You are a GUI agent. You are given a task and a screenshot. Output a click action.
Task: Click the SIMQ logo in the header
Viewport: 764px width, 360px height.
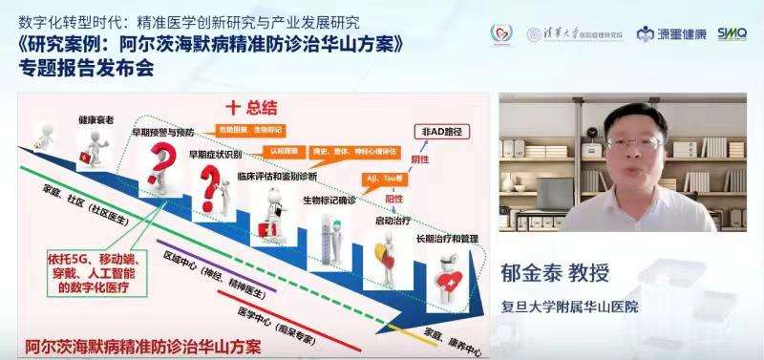click(732, 33)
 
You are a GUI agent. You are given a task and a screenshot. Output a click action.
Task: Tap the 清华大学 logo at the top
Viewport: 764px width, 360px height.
click(583, 34)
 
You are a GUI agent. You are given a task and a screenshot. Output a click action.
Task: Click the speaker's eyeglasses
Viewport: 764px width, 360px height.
click(632, 143)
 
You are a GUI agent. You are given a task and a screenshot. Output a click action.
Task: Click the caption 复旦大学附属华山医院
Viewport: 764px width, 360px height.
click(570, 307)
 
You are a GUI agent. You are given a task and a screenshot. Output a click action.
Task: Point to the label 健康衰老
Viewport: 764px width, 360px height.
click(96, 119)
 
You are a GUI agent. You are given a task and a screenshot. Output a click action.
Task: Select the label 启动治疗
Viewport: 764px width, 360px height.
click(392, 220)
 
